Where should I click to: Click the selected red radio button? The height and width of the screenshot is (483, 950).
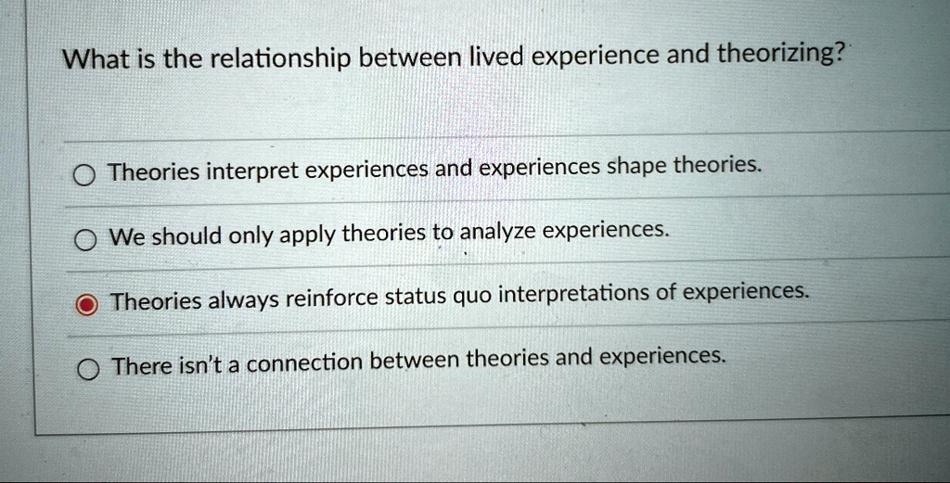point(86,302)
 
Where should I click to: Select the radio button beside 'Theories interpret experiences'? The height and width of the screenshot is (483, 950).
point(84,176)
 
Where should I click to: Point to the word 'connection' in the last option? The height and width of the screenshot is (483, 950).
point(303,362)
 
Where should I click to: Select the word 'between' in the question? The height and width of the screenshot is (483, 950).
point(412,60)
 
